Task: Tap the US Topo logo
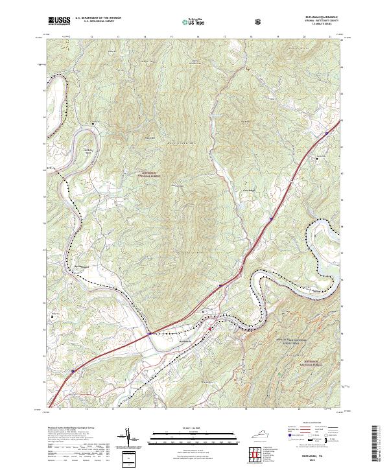pos(186,21)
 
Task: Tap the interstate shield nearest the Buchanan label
pos(150,334)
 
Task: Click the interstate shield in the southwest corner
pos(73,371)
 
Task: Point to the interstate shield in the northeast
pos(327,132)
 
